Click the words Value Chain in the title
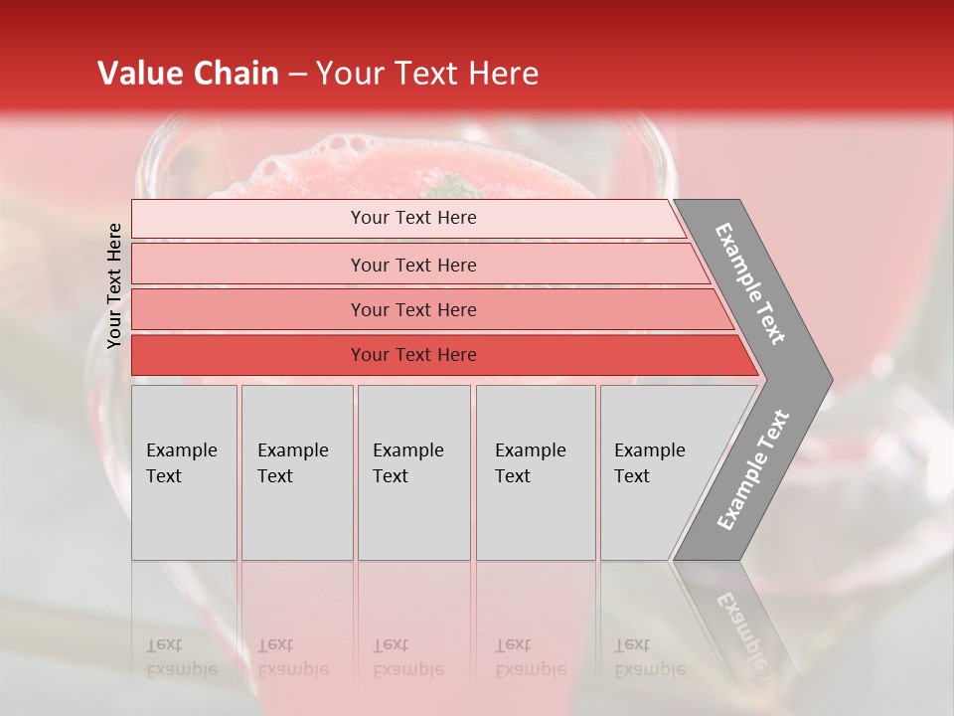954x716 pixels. tap(188, 74)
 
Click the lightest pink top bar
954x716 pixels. tap(248, 219)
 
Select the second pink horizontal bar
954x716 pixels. tap(248, 265)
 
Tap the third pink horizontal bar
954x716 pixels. tap(248, 309)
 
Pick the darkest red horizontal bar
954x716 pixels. tap(248, 355)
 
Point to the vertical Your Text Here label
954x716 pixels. tap(115, 286)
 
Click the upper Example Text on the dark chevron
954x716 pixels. tap(750, 283)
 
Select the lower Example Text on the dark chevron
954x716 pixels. tap(753, 469)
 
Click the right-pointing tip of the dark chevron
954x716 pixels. tap(827, 379)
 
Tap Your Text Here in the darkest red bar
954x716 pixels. tap(413, 355)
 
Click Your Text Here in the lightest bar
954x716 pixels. tap(413, 218)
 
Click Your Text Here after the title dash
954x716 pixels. tap(427, 74)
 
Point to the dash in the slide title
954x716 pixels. tap(297, 75)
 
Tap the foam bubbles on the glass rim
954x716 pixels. tap(338, 149)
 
